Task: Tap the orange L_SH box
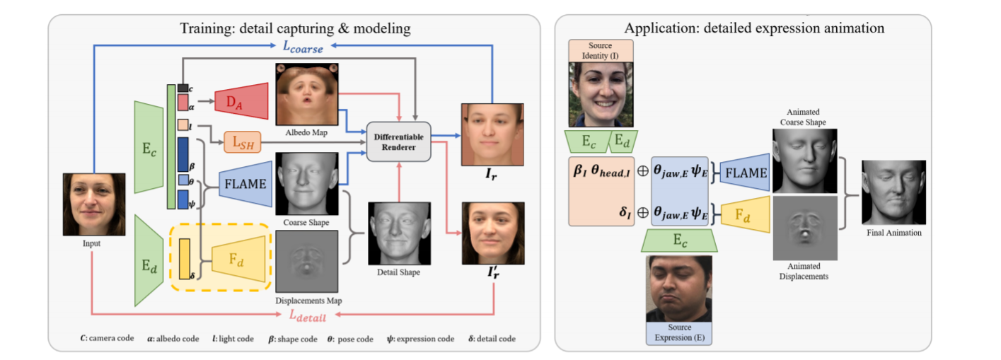pos(242,144)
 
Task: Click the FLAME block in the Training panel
pos(245,184)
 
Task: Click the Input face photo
pos(94,204)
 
